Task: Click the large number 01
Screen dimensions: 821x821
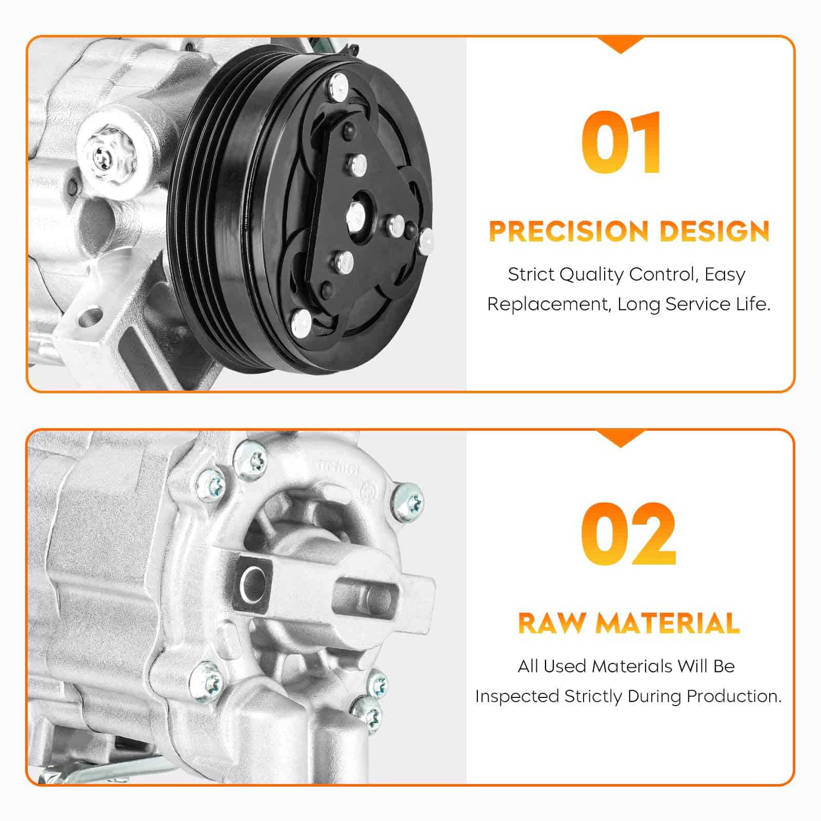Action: [x=621, y=143]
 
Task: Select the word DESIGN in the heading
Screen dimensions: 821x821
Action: [x=714, y=231]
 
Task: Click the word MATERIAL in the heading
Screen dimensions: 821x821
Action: [x=667, y=623]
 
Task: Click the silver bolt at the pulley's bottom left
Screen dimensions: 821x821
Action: [x=301, y=321]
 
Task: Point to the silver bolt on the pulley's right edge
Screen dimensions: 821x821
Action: [x=426, y=241]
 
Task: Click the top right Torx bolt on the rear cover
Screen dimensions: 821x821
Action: [x=408, y=500]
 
